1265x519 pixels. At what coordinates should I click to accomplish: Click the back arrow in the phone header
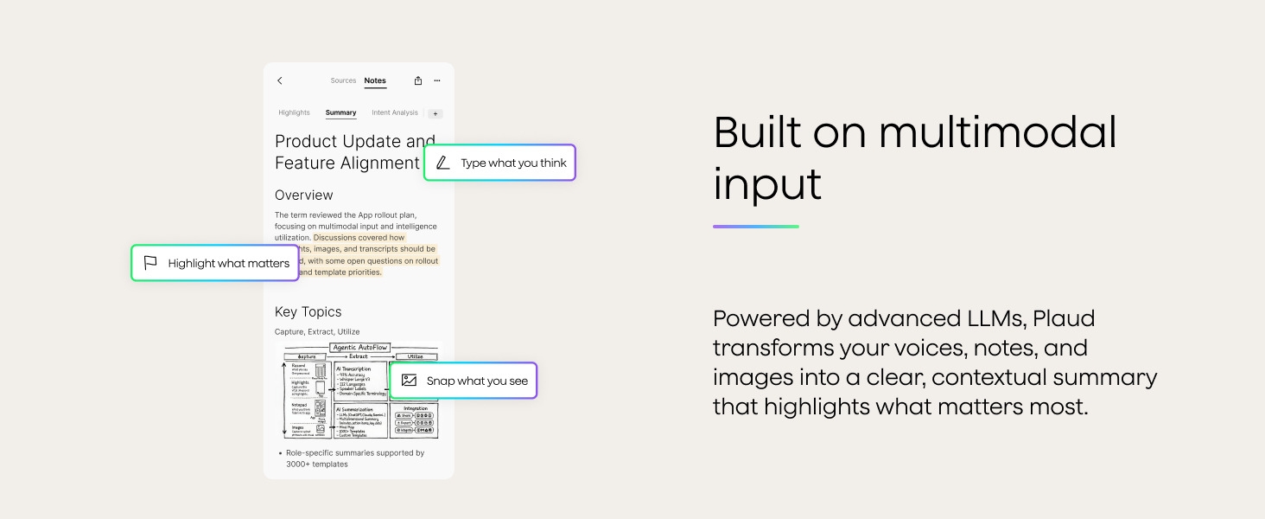(x=279, y=80)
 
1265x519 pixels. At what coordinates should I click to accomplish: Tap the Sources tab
(x=343, y=80)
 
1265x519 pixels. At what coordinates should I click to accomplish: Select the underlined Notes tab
(x=375, y=80)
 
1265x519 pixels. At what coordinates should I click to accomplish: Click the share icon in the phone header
(x=418, y=80)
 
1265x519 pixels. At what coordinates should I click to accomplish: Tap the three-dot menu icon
(x=437, y=80)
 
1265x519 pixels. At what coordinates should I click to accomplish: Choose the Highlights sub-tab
(x=294, y=112)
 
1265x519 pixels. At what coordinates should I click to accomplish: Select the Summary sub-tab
(x=340, y=112)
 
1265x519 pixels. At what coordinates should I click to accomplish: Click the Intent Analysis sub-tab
(x=395, y=112)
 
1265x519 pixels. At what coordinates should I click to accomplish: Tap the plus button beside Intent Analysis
(x=435, y=113)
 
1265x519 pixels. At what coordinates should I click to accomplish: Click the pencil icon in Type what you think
(x=443, y=163)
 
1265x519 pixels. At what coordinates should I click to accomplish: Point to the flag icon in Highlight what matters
(x=150, y=263)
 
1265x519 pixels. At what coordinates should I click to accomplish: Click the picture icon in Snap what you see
(x=410, y=381)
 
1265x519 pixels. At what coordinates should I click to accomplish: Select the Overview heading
(x=303, y=195)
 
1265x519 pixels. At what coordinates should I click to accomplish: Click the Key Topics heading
(x=308, y=312)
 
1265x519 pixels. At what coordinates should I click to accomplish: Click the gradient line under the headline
(x=756, y=227)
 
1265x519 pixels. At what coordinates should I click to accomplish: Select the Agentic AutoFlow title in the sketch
(x=360, y=347)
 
